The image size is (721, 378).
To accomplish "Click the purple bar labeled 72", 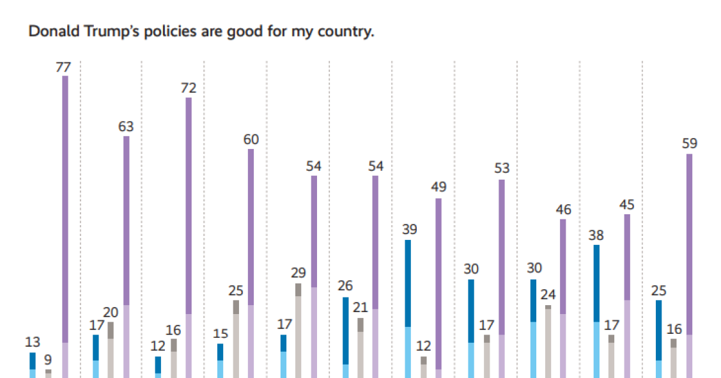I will (189, 237).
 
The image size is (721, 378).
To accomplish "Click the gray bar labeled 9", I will (49, 374).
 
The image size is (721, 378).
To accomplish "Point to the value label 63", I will (126, 127).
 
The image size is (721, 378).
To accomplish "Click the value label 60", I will (251, 139).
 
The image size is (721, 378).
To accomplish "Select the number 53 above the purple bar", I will (501, 169).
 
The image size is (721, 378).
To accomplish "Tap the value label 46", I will (563, 210).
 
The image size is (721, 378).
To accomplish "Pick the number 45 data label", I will (627, 205).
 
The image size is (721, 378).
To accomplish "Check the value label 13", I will (33, 342).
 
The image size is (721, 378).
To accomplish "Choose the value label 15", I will (220, 334).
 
